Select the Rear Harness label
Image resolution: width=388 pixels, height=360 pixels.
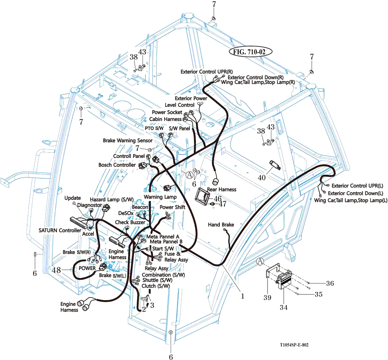(222, 189)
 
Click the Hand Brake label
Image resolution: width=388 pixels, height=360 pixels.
(221, 225)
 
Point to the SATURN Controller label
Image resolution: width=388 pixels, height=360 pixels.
(60, 230)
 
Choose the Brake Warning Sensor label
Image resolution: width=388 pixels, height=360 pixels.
(128, 140)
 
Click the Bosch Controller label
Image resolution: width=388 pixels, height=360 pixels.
(117, 165)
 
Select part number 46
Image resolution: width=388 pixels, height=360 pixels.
(217, 198)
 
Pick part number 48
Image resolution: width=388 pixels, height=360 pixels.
(56, 269)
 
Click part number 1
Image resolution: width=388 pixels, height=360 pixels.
(242, 296)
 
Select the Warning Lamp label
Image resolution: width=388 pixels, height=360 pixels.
(160, 196)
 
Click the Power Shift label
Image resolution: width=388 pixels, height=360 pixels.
(172, 207)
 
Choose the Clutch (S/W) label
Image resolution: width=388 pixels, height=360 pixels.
(156, 286)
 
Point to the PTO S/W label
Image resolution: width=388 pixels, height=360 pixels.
(154, 128)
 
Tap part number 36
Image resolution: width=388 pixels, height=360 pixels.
(330, 283)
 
